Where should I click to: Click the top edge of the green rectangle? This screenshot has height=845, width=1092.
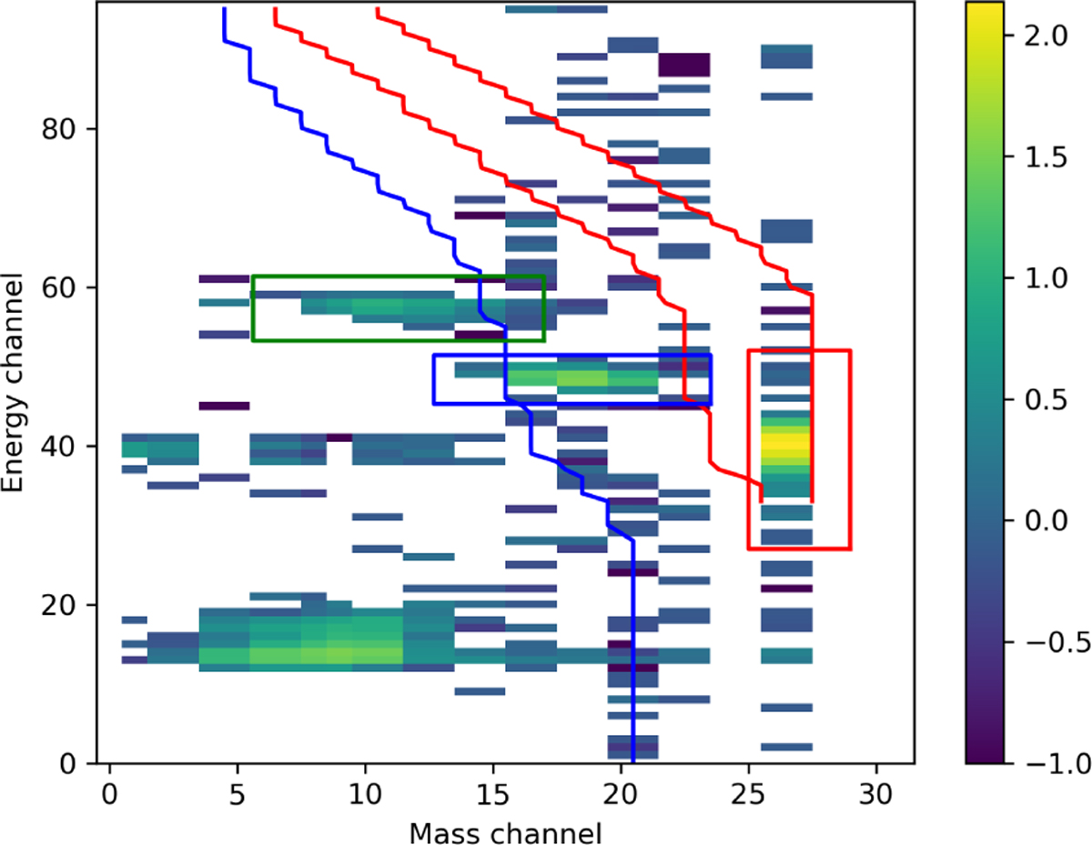coord(398,277)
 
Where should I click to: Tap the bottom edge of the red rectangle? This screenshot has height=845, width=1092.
coord(799,548)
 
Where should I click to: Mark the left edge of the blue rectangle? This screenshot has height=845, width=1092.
coord(434,379)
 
